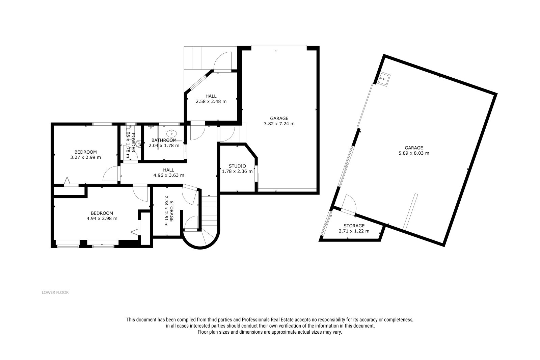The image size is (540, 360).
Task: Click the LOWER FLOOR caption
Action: coord(55,292)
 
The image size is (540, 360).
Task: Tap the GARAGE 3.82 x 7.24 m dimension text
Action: coord(279,121)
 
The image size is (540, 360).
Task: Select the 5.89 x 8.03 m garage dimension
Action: coord(414,153)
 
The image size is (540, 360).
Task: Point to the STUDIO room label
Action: coord(237,166)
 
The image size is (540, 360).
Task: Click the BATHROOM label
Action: coord(164,140)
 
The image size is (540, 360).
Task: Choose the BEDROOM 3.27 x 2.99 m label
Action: coord(86,155)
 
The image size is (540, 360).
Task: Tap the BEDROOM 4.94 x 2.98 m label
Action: coord(102,216)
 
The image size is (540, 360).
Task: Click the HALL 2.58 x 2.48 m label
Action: coord(211,99)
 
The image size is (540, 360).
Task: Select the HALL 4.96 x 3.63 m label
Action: coord(169,173)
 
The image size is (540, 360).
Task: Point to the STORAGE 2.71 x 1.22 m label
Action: coord(354,228)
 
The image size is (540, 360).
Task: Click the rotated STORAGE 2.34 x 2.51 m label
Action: coord(169,211)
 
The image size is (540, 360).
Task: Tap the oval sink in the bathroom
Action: coord(171,133)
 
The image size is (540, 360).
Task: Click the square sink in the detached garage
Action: coord(383,79)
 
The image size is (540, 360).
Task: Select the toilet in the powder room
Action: coord(138,144)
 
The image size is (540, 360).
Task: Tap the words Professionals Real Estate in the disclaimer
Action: coord(268,320)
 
